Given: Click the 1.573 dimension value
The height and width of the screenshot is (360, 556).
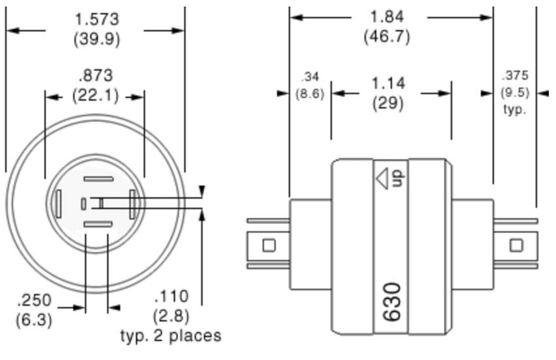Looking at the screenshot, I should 97,20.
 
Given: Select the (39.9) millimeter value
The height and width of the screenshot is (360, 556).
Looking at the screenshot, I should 97,39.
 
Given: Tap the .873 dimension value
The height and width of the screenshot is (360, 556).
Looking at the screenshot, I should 95,76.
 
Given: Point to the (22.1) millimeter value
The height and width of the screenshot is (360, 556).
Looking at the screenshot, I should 95,96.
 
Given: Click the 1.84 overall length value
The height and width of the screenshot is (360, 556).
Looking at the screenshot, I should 387,17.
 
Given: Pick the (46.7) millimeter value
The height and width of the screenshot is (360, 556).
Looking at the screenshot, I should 387,37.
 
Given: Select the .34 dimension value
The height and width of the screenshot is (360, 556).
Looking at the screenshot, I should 310,77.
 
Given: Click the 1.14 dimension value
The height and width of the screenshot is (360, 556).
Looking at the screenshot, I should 388,84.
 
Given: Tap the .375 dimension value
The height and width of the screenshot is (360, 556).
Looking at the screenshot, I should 515,75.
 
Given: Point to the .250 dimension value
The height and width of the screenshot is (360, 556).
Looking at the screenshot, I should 34,300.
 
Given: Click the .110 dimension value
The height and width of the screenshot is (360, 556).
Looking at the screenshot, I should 171,297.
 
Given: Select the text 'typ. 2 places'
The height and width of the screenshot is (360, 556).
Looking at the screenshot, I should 171,335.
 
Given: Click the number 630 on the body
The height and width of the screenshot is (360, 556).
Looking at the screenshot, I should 392,302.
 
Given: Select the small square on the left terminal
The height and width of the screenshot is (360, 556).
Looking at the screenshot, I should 269,245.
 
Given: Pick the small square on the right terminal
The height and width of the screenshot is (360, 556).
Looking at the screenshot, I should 516,245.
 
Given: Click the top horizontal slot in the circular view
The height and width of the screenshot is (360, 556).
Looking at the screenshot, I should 98,179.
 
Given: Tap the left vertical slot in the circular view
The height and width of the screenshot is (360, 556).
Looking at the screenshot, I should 59,203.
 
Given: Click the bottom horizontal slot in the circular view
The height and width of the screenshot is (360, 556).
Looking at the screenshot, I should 98,224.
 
